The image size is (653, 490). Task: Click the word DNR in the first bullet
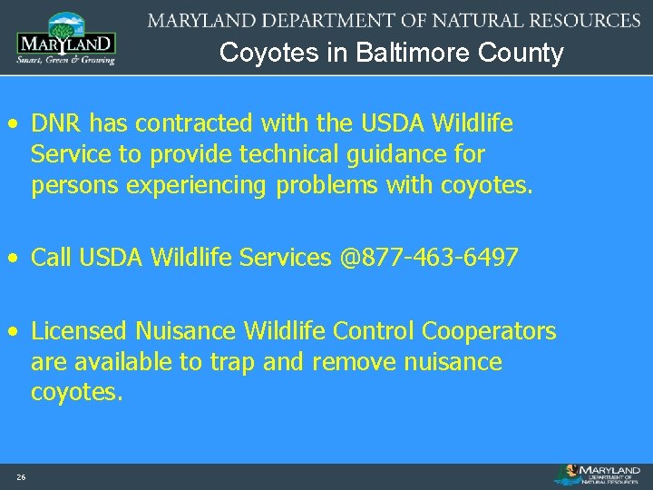(53, 122)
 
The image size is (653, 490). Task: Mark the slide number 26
(21, 477)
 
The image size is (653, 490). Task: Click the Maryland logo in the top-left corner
(65, 38)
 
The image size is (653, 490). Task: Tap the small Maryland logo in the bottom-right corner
(600, 475)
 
